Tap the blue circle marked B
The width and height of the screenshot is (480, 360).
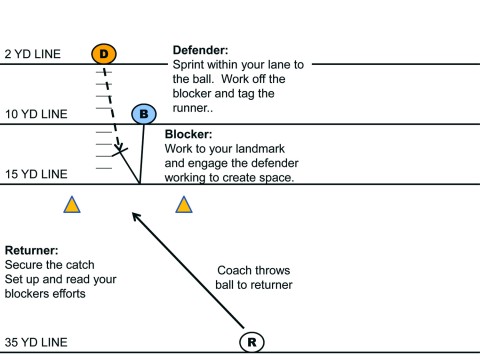pyautogui.click(x=144, y=114)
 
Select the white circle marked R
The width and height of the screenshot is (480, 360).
pyautogui.click(x=253, y=341)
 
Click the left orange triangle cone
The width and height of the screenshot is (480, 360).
pyautogui.click(x=72, y=206)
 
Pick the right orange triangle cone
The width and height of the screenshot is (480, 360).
pyautogui.click(x=183, y=206)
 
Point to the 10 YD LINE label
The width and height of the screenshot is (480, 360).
pyautogui.click(x=36, y=114)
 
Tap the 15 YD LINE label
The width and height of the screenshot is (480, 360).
pyautogui.click(x=36, y=174)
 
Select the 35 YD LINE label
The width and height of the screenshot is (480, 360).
pyautogui.click(x=36, y=342)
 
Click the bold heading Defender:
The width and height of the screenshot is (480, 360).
pyautogui.click(x=202, y=47)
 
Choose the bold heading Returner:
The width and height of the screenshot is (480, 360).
pyautogui.click(x=33, y=249)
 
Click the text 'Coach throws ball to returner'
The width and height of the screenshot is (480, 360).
pyautogui.click(x=254, y=277)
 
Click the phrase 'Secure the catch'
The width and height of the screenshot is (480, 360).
pyautogui.click(x=45, y=264)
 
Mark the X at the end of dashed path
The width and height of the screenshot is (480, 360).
pyautogui.click(x=121, y=151)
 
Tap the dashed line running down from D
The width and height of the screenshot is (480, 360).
pyautogui.click(x=111, y=100)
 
